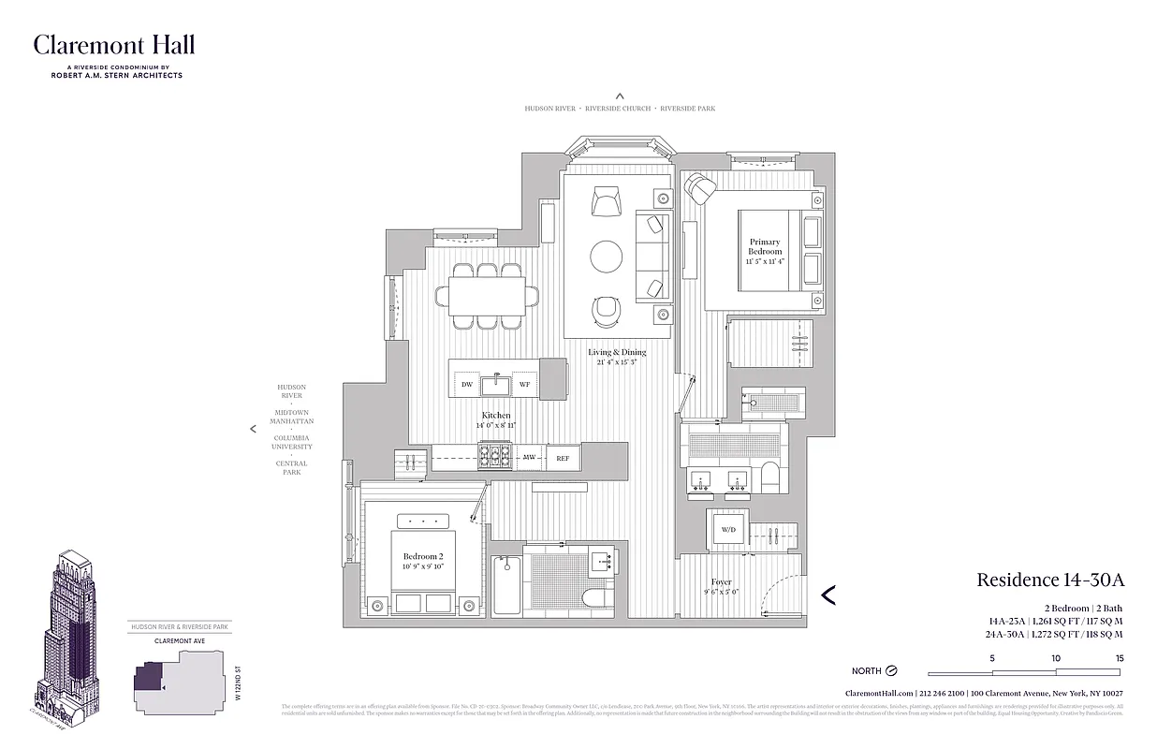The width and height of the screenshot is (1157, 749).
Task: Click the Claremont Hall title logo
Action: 114,46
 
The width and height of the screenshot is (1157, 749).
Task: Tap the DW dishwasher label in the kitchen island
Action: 466,385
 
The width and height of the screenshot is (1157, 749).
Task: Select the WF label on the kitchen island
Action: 524,385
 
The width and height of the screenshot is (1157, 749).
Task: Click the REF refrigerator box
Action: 563,458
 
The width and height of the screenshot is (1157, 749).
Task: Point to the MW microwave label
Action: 529,458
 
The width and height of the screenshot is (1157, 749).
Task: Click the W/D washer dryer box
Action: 727,529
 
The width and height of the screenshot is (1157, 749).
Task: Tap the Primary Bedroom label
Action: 765,247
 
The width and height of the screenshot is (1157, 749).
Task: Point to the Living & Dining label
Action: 617,357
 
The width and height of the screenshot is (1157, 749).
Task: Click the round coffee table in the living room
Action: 606,255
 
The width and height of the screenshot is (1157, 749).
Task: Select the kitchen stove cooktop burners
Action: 494,456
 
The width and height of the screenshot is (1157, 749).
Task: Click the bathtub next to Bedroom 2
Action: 506,585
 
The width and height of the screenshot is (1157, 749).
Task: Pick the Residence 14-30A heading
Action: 1048,580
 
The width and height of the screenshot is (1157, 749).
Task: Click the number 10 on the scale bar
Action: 1056,658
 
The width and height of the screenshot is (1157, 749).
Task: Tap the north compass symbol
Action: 891,671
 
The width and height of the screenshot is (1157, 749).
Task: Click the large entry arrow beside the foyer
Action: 828,594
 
